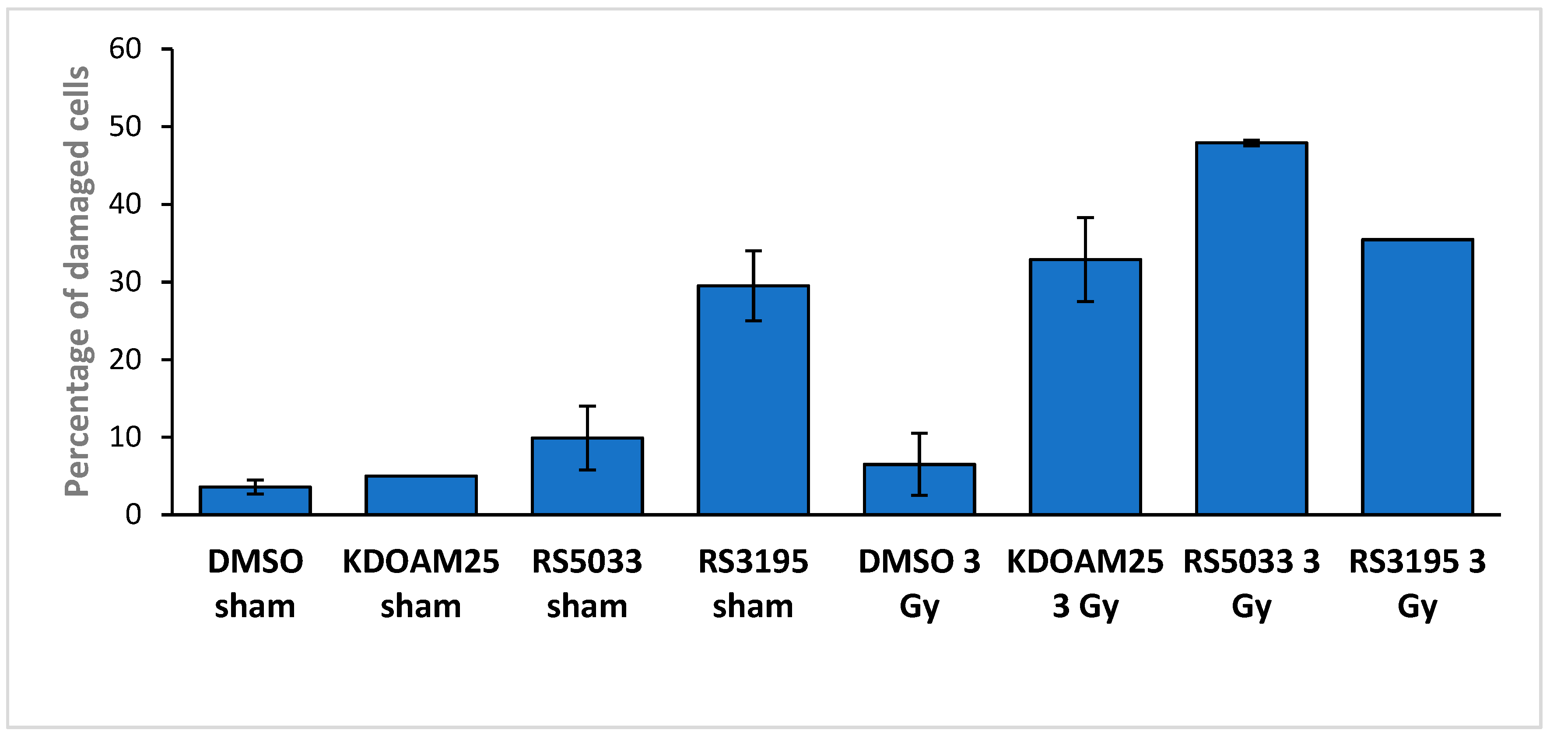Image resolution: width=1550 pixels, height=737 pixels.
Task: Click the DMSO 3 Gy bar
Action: [919, 490]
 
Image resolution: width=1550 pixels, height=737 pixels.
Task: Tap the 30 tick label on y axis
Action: [125, 282]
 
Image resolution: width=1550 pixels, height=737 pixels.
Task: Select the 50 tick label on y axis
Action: [125, 126]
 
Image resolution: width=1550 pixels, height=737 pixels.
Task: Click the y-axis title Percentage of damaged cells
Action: [77, 282]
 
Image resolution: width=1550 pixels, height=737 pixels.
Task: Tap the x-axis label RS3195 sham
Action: [754, 583]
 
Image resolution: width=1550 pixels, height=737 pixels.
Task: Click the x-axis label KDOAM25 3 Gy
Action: [1085, 583]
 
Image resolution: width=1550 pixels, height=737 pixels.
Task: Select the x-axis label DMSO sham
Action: [255, 583]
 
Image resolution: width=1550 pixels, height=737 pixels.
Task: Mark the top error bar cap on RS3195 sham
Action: [754, 251]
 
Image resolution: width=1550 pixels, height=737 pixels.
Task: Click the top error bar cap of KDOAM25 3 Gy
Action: [1085, 218]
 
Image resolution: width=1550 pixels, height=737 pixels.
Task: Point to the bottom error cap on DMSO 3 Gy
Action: [919, 495]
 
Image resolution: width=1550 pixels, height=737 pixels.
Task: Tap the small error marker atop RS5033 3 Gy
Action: [1252, 143]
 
